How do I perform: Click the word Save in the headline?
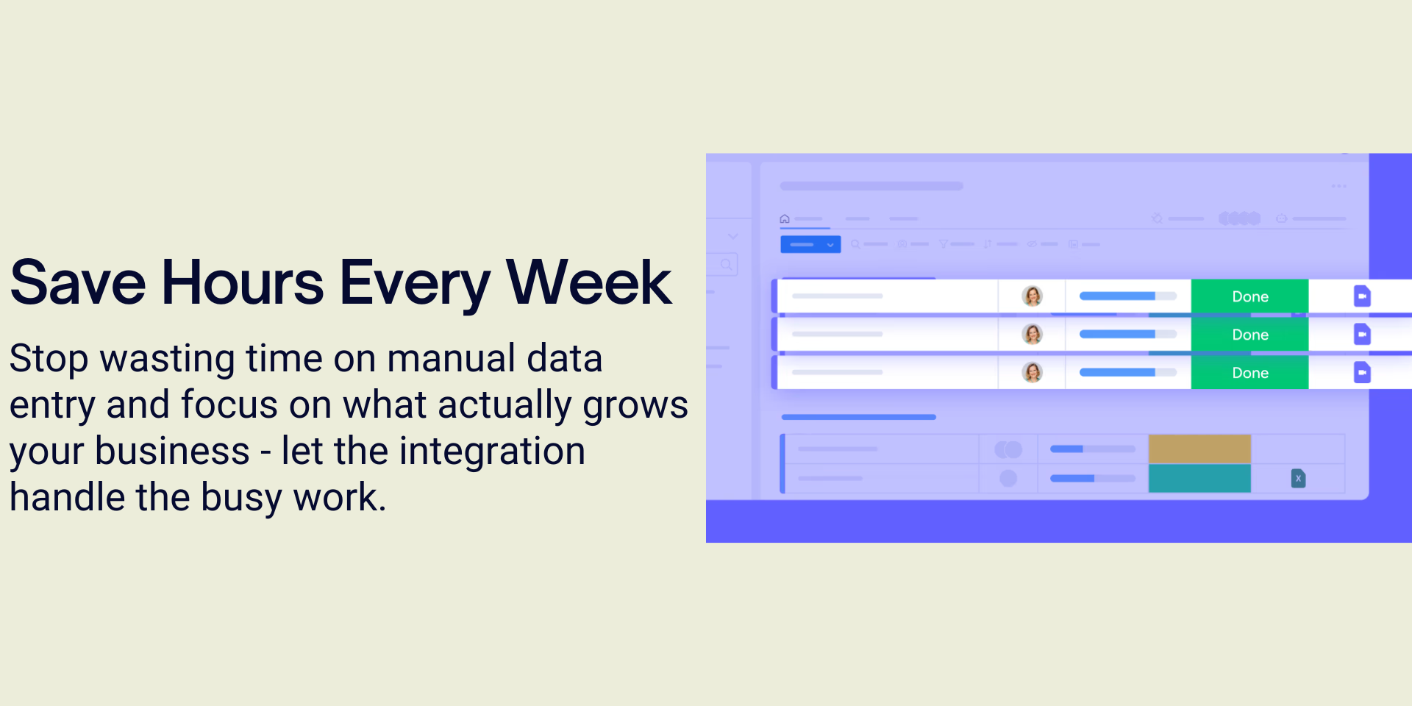point(78,282)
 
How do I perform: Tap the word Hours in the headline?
point(243,282)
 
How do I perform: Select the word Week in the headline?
point(589,282)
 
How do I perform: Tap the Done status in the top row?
point(1249,296)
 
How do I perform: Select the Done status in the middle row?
point(1249,335)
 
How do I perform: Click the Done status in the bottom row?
point(1249,373)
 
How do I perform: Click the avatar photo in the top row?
point(1033,296)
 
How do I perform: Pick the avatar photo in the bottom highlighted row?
point(1033,373)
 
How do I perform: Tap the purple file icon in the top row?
point(1362,296)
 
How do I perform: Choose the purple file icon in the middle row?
point(1362,335)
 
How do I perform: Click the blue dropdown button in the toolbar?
point(810,244)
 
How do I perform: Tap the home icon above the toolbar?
point(785,218)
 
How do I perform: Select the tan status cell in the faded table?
point(1199,449)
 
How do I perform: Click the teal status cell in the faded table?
point(1199,478)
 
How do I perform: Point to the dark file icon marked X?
point(1299,479)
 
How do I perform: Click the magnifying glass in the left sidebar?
point(727,264)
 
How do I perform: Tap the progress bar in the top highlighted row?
point(1128,296)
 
